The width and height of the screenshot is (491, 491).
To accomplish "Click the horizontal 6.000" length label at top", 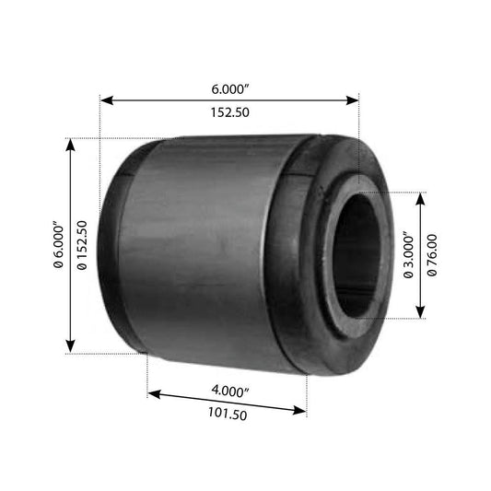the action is pos(230,89).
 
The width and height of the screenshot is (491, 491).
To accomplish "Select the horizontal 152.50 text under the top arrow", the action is pos(230,112).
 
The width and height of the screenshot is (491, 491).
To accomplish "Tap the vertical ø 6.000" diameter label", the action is pos(59,245).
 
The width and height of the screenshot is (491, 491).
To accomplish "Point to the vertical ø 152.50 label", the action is pos(82,245).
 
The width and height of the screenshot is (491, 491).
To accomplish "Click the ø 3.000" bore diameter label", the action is pos(409,255).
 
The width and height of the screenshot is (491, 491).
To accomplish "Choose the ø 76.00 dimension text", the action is pos(432,255).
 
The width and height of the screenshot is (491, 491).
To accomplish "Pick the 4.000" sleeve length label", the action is pos(230,392).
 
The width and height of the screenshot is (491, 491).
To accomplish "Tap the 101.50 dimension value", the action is pos(228,414).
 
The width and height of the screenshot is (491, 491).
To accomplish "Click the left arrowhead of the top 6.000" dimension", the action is pos(107,100).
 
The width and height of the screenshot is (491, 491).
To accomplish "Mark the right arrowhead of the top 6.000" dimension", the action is pos(352,100).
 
